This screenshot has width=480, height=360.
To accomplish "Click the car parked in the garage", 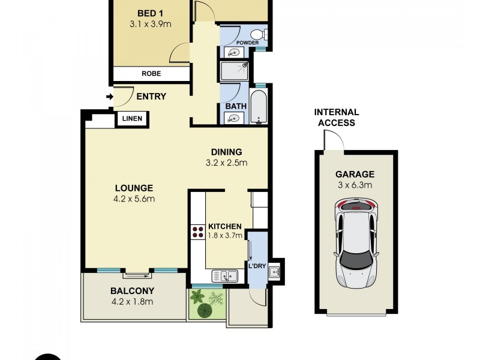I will (358, 244).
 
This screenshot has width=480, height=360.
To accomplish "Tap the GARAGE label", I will (355, 175).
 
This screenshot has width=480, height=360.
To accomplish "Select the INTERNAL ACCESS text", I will (337, 118).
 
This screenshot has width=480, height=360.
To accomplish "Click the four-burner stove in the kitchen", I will (197, 232).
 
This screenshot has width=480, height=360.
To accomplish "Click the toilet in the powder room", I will (259, 34).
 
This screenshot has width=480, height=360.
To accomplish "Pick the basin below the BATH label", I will (233, 118).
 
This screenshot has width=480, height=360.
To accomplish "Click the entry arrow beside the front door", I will (110, 97).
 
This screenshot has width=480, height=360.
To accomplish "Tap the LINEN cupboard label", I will (132, 119).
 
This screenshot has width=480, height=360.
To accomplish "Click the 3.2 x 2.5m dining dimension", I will (226, 163).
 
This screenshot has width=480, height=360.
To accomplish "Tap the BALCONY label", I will (133, 291).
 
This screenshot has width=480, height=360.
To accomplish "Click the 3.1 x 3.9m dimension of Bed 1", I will (149, 25).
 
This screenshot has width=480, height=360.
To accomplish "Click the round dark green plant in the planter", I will (205, 310).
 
